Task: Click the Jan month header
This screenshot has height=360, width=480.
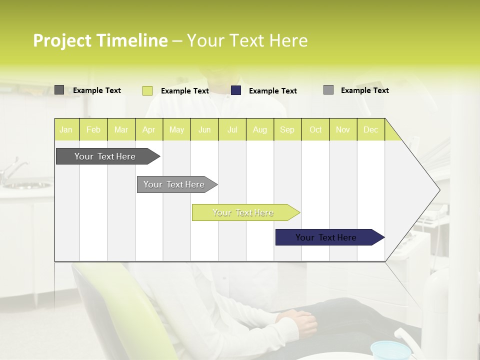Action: [x=66, y=129]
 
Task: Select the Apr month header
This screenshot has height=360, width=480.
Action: [x=149, y=129]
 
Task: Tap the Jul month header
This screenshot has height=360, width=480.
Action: [x=232, y=129]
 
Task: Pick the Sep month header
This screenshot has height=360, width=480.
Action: [x=287, y=129]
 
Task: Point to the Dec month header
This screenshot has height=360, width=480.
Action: [x=370, y=129]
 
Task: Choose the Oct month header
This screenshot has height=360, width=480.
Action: [x=315, y=129]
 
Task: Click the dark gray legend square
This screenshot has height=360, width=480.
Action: [x=59, y=90]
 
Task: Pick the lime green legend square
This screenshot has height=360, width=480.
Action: [x=147, y=90]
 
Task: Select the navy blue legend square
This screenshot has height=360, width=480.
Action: [x=236, y=90]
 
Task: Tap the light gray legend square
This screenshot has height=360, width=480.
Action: [x=328, y=90]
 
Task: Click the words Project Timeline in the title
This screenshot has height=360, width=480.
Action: [x=100, y=40]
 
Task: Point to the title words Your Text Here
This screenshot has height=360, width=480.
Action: [x=247, y=40]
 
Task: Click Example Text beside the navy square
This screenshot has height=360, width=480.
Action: [x=272, y=91]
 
